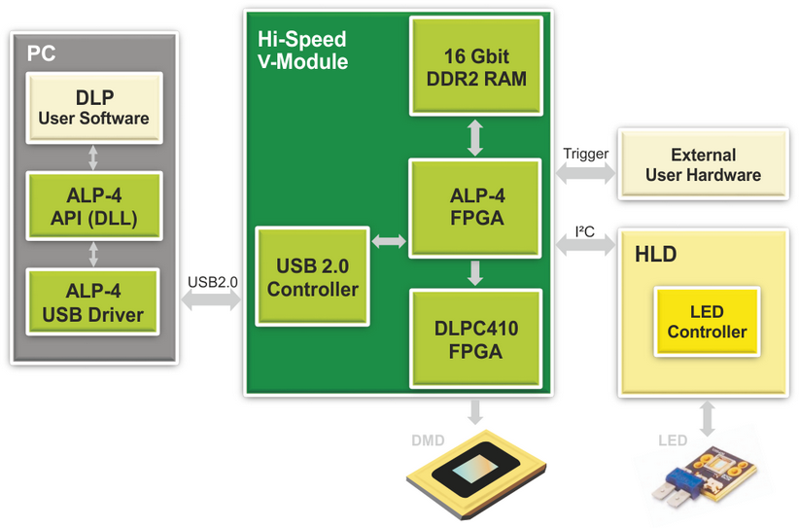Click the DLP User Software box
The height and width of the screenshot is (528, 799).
pyautogui.click(x=93, y=109)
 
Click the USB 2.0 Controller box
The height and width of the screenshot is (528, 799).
pyautogui.click(x=313, y=277)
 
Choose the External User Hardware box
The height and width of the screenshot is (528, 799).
pyautogui.click(x=703, y=165)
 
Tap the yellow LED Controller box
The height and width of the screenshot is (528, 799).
pyautogui.click(x=707, y=322)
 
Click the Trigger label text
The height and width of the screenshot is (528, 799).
pyautogui.click(x=586, y=154)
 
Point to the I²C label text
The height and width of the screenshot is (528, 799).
pyautogui.click(x=585, y=230)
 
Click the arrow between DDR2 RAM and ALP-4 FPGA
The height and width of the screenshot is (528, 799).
pyautogui.click(x=475, y=137)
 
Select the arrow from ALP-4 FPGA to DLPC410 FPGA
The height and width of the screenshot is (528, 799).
pyautogui.click(x=475, y=272)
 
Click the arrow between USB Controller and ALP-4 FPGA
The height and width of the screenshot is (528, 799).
pyautogui.click(x=390, y=239)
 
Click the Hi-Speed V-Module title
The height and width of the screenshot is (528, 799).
pyautogui.click(x=301, y=50)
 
